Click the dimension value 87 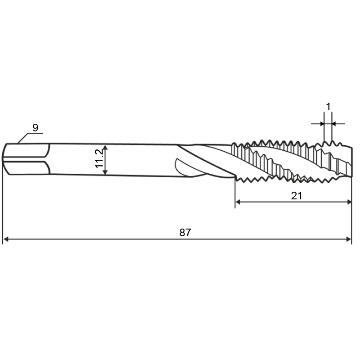tap(185, 233)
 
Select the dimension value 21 tap(297, 196)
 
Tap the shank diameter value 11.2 tap(99, 159)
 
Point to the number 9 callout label tap(35, 128)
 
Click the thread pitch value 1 tap(328, 107)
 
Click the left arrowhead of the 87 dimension tap(6, 239)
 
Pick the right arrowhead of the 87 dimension tap(349, 239)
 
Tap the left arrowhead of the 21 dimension tap(238, 202)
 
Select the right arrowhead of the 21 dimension tap(349, 202)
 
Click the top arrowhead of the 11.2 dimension tap(105, 148)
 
